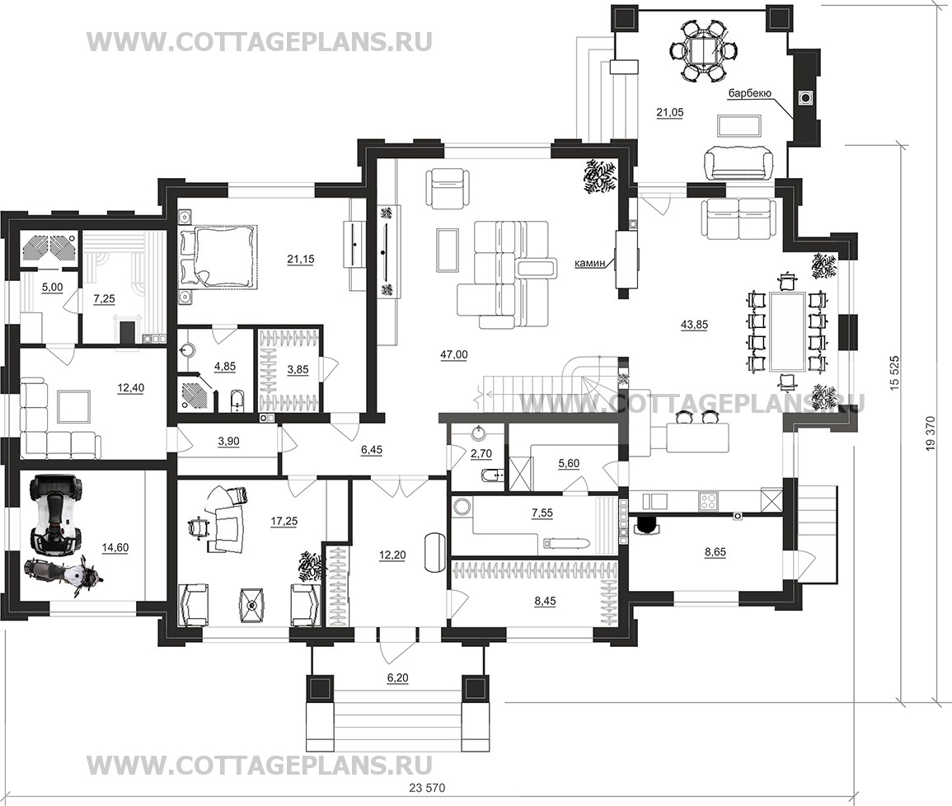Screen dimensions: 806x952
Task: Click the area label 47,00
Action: (x=453, y=354)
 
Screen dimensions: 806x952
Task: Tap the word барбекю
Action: (x=748, y=95)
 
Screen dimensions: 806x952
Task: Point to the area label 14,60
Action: (x=115, y=546)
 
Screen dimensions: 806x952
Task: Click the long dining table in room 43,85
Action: (x=789, y=330)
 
